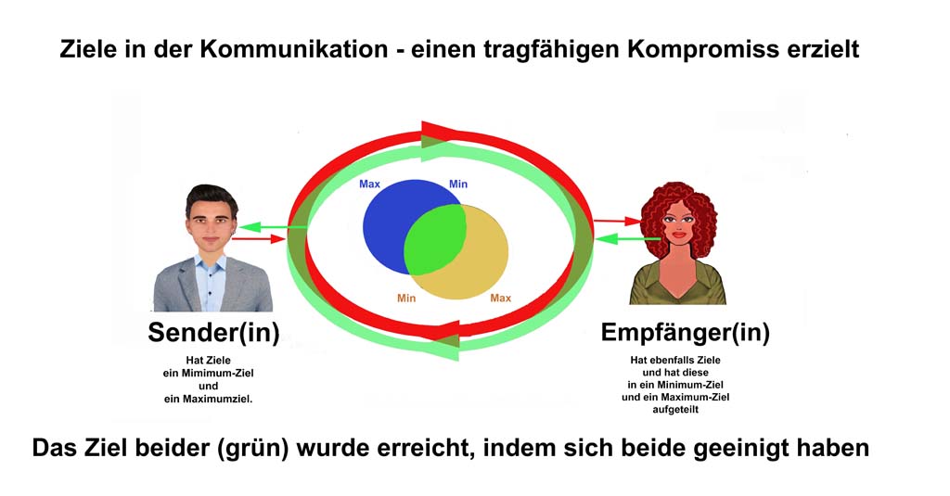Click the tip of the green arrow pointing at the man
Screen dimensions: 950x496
239,228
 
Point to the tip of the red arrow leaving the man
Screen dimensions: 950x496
285,239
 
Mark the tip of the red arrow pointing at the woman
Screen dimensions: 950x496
641,223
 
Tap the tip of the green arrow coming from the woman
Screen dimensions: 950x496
595,239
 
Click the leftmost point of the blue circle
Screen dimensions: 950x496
363,227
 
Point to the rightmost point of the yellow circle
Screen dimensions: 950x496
509,252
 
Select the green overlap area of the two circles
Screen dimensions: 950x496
435,239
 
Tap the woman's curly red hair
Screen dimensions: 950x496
678,215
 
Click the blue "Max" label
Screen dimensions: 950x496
369,184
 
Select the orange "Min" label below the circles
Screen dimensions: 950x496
406,298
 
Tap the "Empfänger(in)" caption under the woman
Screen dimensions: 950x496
686,333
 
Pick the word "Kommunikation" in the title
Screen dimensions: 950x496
294,49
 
